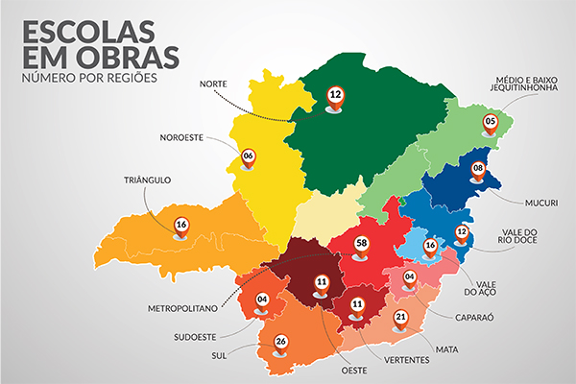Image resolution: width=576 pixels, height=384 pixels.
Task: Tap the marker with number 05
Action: click(x=490, y=122)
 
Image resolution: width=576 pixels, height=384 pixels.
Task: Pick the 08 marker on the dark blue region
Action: click(x=477, y=169)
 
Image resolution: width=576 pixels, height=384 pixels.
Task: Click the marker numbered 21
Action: click(x=401, y=318)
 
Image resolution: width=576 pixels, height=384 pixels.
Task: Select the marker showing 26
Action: click(x=280, y=341)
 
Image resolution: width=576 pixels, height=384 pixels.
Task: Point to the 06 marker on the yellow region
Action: click(x=248, y=156)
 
